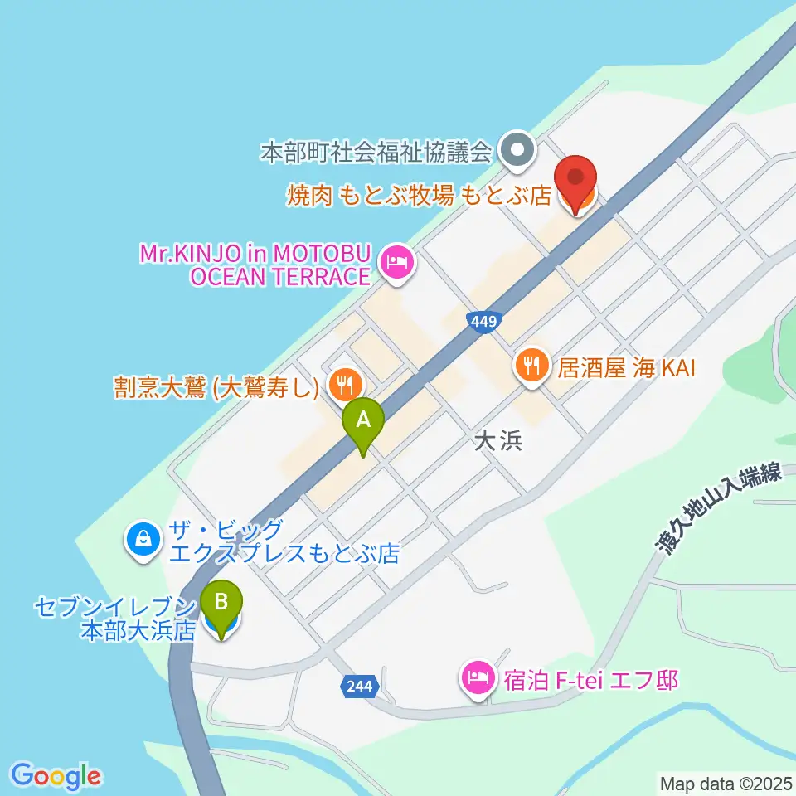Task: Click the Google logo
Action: [56, 776]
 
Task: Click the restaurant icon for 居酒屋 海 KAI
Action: [531, 365]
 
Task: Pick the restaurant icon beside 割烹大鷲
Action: [342, 384]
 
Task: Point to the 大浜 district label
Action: [498, 441]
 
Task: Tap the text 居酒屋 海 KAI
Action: [625, 366]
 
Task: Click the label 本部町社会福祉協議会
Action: [376, 152]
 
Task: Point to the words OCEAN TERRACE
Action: [279, 277]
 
